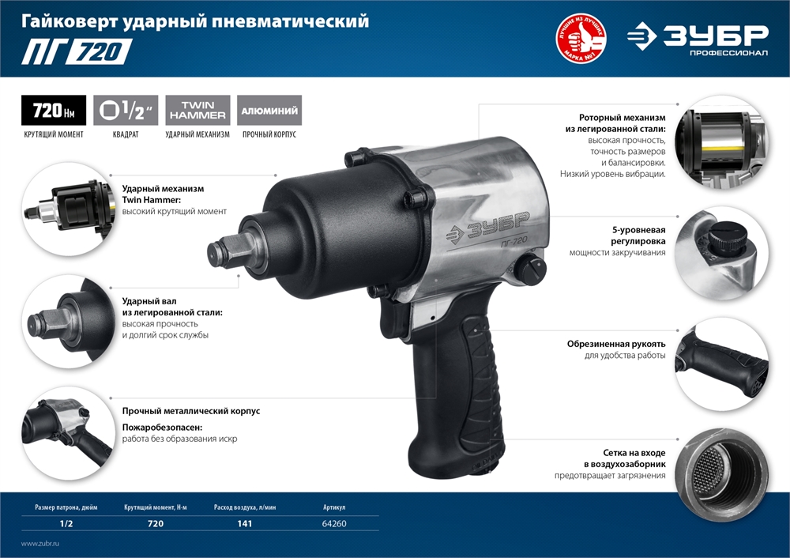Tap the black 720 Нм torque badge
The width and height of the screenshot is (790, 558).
pyautogui.click(x=54, y=111)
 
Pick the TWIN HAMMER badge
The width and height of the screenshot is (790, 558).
pyautogui.click(x=197, y=111)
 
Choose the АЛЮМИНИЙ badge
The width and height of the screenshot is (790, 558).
pyautogui.click(x=269, y=111)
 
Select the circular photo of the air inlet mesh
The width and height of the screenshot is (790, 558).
pyautogui.click(x=722, y=473)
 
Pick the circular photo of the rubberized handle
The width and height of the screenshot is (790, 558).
pyautogui.click(x=722, y=364)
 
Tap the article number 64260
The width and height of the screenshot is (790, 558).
pyautogui.click(x=334, y=523)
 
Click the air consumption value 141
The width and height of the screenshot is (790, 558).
pyautogui.click(x=244, y=523)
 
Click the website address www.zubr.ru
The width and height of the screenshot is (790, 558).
pyautogui.click(x=40, y=544)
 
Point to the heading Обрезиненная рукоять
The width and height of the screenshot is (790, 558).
pyautogui.click(x=616, y=345)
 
